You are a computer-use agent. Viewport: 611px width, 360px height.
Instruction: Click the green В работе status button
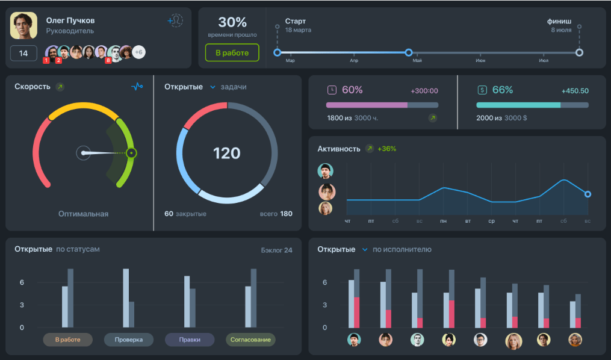232,53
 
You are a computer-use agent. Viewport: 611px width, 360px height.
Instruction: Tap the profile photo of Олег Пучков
23,26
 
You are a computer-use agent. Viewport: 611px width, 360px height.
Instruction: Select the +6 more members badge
138,52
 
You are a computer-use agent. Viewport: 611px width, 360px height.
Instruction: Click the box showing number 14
23,53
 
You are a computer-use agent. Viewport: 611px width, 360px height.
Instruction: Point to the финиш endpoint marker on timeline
579,52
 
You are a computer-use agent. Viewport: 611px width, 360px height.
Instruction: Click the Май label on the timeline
417,61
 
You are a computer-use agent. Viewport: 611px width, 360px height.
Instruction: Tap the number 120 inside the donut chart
226,153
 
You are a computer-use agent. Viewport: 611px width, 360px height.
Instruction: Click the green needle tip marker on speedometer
132,153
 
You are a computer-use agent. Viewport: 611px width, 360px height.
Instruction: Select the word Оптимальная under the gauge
83,214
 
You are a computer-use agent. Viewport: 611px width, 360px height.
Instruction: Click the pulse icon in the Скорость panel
137,87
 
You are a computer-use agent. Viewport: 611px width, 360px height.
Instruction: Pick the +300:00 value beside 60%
424,91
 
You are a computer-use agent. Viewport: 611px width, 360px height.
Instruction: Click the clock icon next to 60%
332,90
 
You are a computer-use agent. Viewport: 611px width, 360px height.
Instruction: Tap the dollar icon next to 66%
482,90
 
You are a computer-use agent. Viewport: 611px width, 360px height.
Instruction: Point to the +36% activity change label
386,149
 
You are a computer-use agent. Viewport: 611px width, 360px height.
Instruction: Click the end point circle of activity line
588,194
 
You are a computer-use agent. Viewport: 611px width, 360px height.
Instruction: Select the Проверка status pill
128,340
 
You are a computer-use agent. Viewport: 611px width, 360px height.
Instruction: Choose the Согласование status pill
250,340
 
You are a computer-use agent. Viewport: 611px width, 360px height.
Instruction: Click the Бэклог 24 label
276,250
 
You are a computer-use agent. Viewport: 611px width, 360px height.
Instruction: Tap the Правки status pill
190,340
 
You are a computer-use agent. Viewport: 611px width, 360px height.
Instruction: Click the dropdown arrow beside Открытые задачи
212,87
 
